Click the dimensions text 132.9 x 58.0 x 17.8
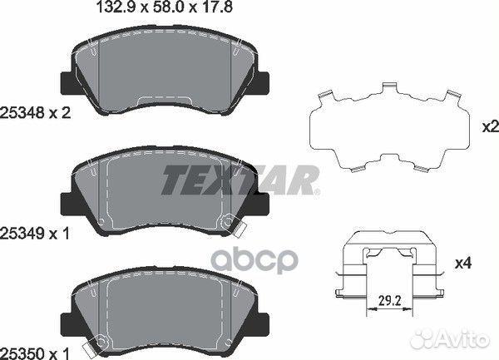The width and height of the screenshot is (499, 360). [164, 7]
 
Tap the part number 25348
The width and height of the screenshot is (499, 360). [22, 113]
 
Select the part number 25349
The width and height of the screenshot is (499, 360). [22, 234]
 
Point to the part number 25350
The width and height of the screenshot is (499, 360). [22, 353]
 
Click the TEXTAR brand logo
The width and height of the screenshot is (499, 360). [240, 180]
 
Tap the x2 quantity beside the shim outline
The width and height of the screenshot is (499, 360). [491, 127]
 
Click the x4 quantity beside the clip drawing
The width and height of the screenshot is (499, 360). [464, 264]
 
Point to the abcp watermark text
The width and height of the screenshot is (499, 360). [255, 261]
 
